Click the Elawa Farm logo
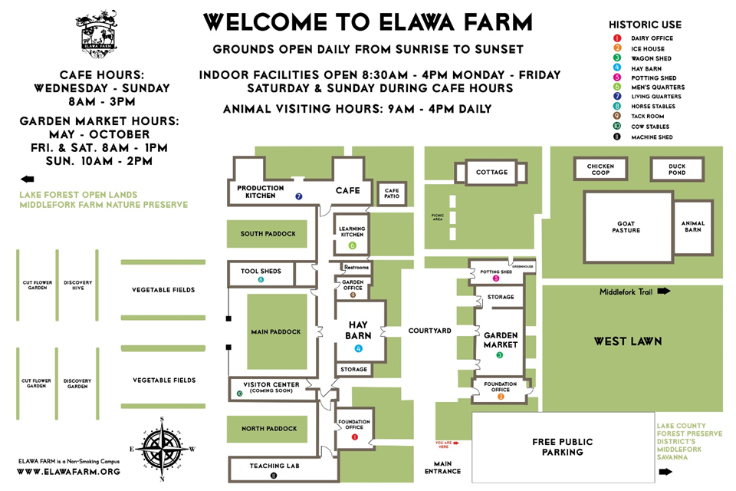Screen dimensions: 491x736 coord(97,31)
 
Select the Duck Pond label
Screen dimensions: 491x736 coord(677,170)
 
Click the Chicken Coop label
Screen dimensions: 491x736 coord(600,170)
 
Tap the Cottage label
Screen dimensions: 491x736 coord(491,172)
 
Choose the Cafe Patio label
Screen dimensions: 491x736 coord(392,193)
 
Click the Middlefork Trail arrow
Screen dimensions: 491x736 coord(663,292)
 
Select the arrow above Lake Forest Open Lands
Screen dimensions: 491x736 coord(28,178)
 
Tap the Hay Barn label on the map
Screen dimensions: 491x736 coord(359,330)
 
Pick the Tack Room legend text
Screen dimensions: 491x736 coord(649,117)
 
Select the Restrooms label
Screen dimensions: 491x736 coord(356,267)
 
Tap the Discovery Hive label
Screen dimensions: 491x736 coord(77,285)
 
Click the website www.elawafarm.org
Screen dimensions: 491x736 coord(68,471)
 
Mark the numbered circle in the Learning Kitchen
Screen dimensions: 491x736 coord(353,245)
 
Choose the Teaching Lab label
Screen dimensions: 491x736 coord(274,466)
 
